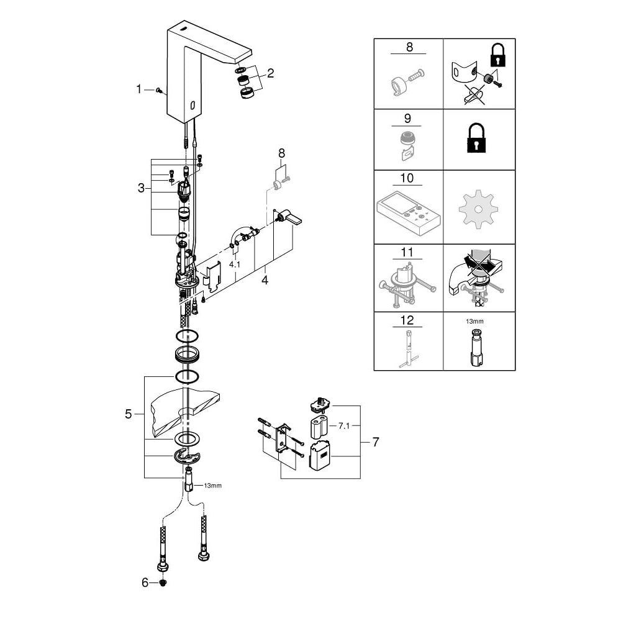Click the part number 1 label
pos(139,89)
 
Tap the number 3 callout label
pos(141,188)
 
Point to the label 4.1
pos(234,265)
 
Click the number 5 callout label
pos(129,414)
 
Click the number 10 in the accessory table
pos(407,178)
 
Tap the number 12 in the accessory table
pos(407,321)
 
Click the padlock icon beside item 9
pos(479,140)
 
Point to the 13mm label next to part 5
pos(212,485)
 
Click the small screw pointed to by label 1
pos(160,90)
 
